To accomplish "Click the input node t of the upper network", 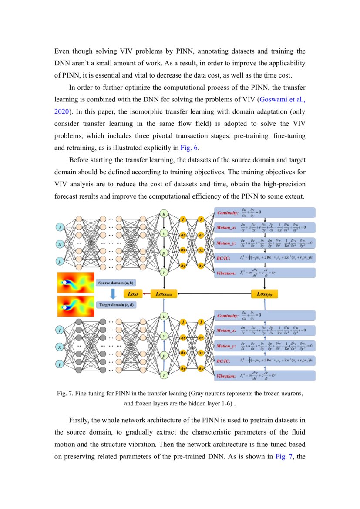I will pyautogui.click(x=60, y=227).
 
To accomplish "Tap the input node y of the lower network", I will pyautogui.click(x=60, y=364).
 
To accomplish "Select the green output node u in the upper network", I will pyautogui.click(x=164, y=214).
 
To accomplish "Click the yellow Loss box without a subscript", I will pyautogui.click(x=133, y=294).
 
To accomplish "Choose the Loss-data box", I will pyautogui.click(x=164, y=294).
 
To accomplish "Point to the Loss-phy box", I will pyautogui.click(x=264, y=294).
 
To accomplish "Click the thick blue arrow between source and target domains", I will pyautogui.click(x=113, y=294).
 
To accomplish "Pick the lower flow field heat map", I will pyautogui.click(x=76, y=306).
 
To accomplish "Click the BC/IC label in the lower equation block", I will pyautogui.click(x=224, y=361).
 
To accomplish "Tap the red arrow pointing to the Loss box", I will pyautogui.click(x=146, y=294).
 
